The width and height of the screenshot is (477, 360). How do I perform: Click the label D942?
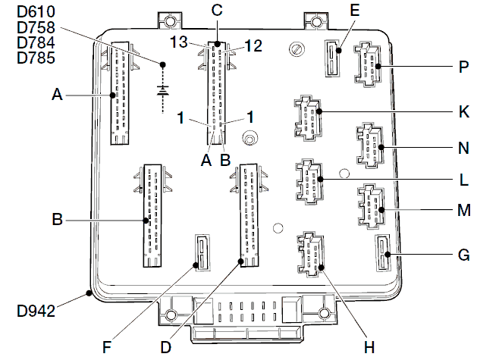36,311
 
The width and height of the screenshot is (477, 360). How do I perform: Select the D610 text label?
36,11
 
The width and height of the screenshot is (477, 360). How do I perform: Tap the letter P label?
463,67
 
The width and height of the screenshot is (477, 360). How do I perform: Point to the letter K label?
463,111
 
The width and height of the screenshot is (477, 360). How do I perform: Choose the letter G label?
463,255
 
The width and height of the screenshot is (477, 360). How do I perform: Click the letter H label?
369,347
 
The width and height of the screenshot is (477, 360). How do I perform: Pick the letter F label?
107,347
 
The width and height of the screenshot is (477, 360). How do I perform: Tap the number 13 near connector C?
178,42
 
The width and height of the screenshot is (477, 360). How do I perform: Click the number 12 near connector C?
253,45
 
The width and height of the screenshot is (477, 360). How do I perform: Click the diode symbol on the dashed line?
163,90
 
